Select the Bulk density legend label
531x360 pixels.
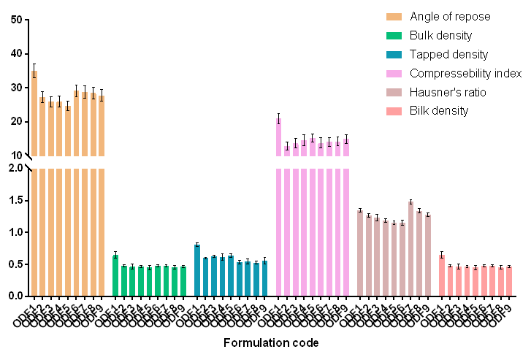pyautogui.click(x=440, y=36)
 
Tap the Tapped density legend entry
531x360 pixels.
pyautogui.click(x=448, y=55)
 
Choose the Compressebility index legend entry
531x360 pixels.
pyautogui.click(x=465, y=74)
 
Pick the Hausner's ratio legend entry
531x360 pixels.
pyautogui.click(x=448, y=93)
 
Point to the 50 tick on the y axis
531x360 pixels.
pyautogui.click(x=15, y=20)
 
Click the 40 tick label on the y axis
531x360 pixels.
pyautogui.click(x=15, y=54)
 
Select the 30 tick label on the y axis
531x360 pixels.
pyautogui.click(x=15, y=88)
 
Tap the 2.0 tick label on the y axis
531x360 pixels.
pyautogui.click(x=14, y=168)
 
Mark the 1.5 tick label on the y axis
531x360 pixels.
pyautogui.click(x=14, y=200)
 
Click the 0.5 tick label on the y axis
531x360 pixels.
pyautogui.click(x=14, y=264)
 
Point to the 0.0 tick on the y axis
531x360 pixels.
pyautogui.click(x=14, y=296)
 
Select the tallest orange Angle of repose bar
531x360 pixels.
pyautogui.click(x=34, y=183)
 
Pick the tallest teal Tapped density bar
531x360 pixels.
pyautogui.click(x=197, y=270)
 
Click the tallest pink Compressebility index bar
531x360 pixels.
pyautogui.click(x=279, y=219)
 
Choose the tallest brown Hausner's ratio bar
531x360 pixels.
pyautogui.click(x=410, y=249)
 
